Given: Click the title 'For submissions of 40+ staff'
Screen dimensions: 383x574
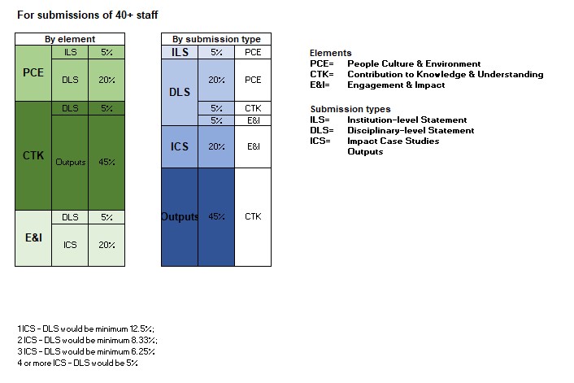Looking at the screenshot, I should pos(77,15).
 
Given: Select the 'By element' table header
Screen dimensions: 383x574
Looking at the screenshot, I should pos(70,39).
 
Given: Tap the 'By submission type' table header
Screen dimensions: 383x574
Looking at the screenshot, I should pos(215,39).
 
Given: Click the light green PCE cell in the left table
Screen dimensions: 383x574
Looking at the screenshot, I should pos(33,72).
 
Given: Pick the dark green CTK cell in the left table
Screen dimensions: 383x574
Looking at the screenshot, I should pos(33,155).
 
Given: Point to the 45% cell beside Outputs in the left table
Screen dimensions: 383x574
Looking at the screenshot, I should pos(107,162).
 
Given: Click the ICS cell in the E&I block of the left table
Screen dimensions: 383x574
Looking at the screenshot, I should pos(70,244).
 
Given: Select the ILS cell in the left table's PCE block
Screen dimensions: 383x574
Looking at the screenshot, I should pos(70,52).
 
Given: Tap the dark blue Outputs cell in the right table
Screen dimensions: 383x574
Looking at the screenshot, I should pos(179,216).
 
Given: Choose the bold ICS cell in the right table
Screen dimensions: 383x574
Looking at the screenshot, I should pos(179,146).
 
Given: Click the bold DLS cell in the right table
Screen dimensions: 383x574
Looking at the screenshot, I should pos(179,93).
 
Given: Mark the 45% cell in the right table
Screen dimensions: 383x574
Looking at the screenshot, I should pos(216,216).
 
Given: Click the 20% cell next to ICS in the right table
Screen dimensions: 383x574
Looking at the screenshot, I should pos(216,146).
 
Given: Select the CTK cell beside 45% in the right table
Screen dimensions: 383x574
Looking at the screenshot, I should pos(253,216).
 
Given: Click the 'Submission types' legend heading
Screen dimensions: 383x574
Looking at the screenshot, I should pos(350,109).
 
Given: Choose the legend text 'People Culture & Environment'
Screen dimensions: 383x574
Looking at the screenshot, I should pos(413,63).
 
